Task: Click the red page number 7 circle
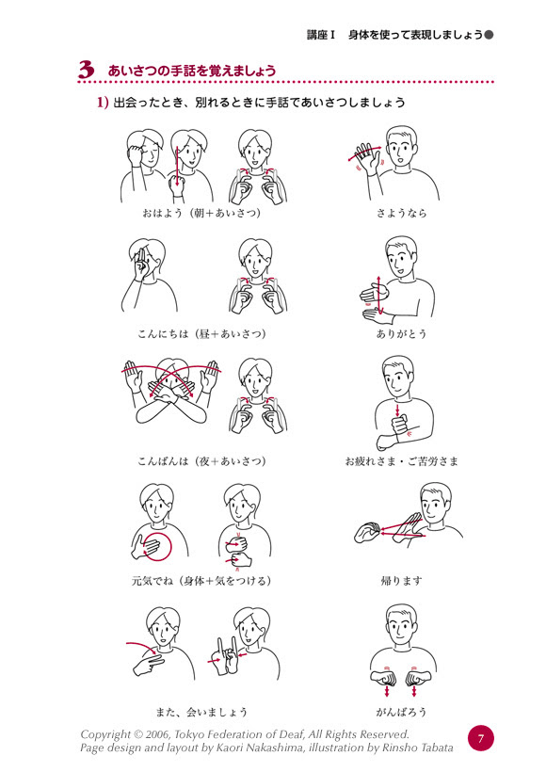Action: (480, 738)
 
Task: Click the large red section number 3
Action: (87, 70)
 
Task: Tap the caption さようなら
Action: (401, 213)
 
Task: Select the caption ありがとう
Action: (401, 334)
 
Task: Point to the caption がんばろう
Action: (401, 712)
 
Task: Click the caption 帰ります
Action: (401, 581)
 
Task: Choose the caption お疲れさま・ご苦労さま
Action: (401, 461)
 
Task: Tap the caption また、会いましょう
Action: (201, 712)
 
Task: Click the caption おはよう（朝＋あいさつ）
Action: (201, 213)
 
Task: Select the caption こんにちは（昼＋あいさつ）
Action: (201, 334)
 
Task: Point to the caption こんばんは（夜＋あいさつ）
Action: (201, 461)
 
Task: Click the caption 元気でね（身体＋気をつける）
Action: (201, 581)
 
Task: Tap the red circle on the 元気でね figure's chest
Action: (170, 545)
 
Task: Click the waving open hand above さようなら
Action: (364, 158)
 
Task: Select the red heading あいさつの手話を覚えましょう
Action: (192, 71)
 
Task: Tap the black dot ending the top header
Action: (489, 35)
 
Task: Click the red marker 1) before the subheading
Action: (103, 103)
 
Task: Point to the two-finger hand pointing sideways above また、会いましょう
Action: (148, 664)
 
